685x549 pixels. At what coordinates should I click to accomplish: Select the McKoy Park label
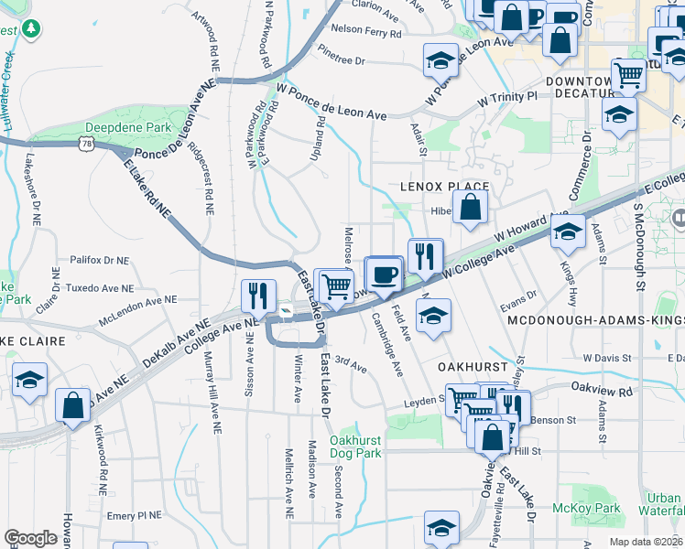point(586,508)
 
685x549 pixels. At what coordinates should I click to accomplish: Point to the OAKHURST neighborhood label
point(473,365)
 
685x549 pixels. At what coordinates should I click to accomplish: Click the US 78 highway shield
point(86,144)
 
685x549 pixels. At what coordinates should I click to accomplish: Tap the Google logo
point(30,538)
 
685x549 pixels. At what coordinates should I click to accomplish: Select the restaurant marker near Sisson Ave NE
point(259,296)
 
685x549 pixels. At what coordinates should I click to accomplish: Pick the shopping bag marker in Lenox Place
point(470,207)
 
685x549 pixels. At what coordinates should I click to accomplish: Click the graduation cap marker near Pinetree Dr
point(440,60)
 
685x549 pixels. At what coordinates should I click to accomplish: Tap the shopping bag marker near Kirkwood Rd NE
point(72,405)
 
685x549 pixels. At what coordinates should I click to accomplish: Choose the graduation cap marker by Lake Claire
point(30,381)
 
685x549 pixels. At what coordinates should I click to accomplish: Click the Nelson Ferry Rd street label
point(366,31)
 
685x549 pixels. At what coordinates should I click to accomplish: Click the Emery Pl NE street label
point(134,515)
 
